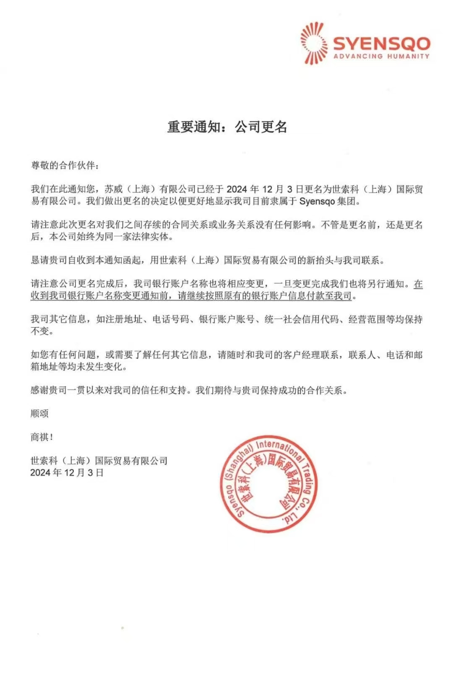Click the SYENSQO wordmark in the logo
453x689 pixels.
[382, 43]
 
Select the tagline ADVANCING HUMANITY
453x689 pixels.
[382, 56]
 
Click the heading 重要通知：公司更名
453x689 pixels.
[227, 127]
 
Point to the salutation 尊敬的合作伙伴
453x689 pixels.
[65, 165]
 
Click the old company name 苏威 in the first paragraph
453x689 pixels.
[114, 189]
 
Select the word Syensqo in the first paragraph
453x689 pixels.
[317, 201]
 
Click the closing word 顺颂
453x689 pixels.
[39, 413]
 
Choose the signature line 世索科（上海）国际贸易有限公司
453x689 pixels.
[99, 461]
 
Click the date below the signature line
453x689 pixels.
[67, 472]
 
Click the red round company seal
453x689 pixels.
[269, 484]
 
